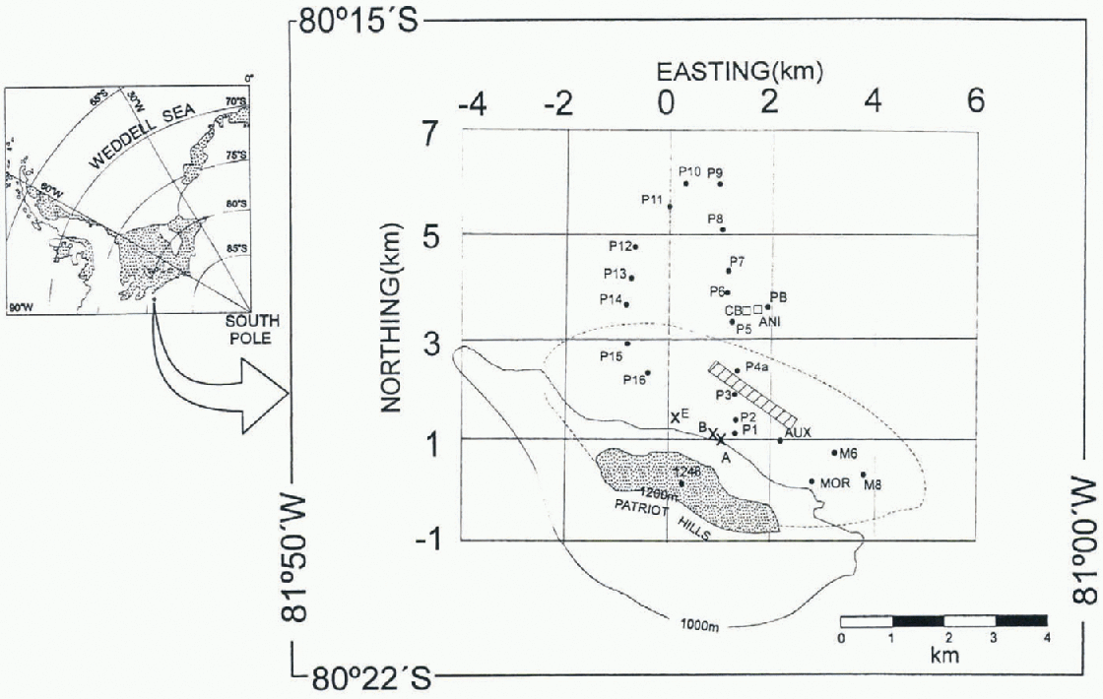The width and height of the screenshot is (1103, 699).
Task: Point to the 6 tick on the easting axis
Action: pos(976,101)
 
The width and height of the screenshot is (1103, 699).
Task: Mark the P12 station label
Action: pos(619,245)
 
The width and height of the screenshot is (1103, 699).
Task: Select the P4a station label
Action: pos(756,367)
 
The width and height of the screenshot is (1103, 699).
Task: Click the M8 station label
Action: pos(873,483)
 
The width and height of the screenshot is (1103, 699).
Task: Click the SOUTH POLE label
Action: pos(253,329)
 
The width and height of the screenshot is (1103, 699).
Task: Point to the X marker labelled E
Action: pos(676,418)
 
